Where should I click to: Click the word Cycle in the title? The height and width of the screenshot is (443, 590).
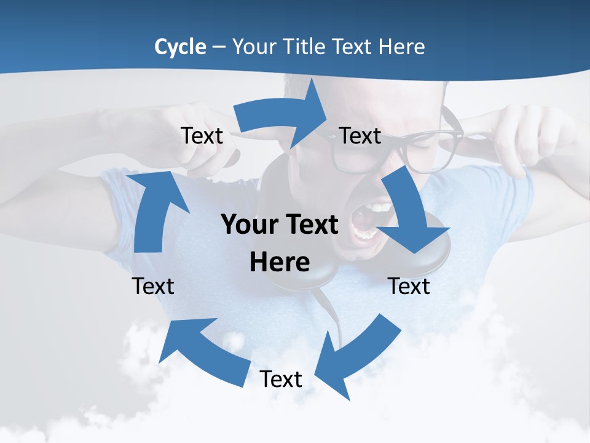pyautogui.click(x=180, y=47)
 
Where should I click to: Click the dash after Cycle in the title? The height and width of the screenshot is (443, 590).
pyautogui.click(x=219, y=47)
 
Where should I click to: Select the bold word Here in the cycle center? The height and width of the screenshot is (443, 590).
pyautogui.click(x=280, y=263)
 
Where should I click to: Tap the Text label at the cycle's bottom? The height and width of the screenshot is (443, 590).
pyautogui.click(x=281, y=379)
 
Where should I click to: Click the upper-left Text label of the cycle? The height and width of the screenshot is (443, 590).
pyautogui.click(x=202, y=136)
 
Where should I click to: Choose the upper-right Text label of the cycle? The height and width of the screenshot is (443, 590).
pyautogui.click(x=360, y=136)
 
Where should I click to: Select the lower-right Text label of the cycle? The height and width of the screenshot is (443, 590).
pyautogui.click(x=409, y=286)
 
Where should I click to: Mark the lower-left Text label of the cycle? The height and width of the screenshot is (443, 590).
pyautogui.click(x=153, y=286)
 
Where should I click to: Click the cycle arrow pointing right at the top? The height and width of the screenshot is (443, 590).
pyautogui.click(x=283, y=114)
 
